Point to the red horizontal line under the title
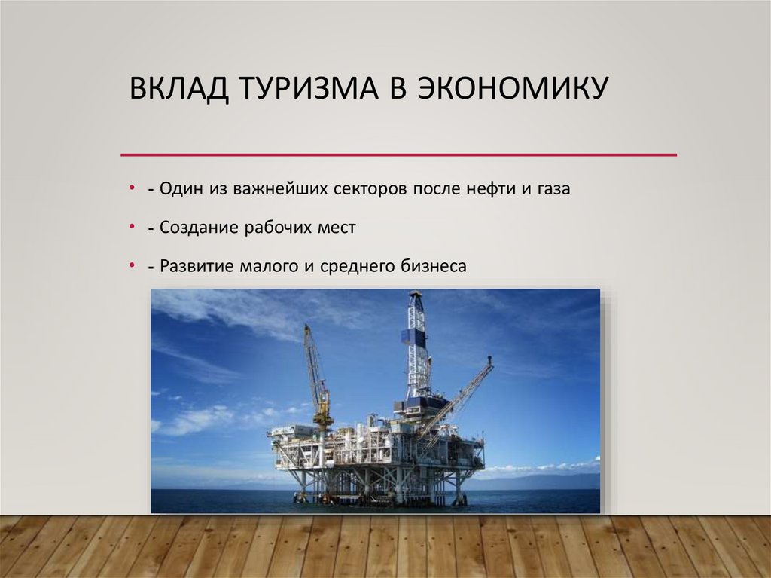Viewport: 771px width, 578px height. (399, 155)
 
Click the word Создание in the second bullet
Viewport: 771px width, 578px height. (199, 227)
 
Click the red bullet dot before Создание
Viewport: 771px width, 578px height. (131, 225)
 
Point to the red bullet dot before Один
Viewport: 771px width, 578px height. (131, 187)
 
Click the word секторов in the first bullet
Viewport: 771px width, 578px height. (371, 188)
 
